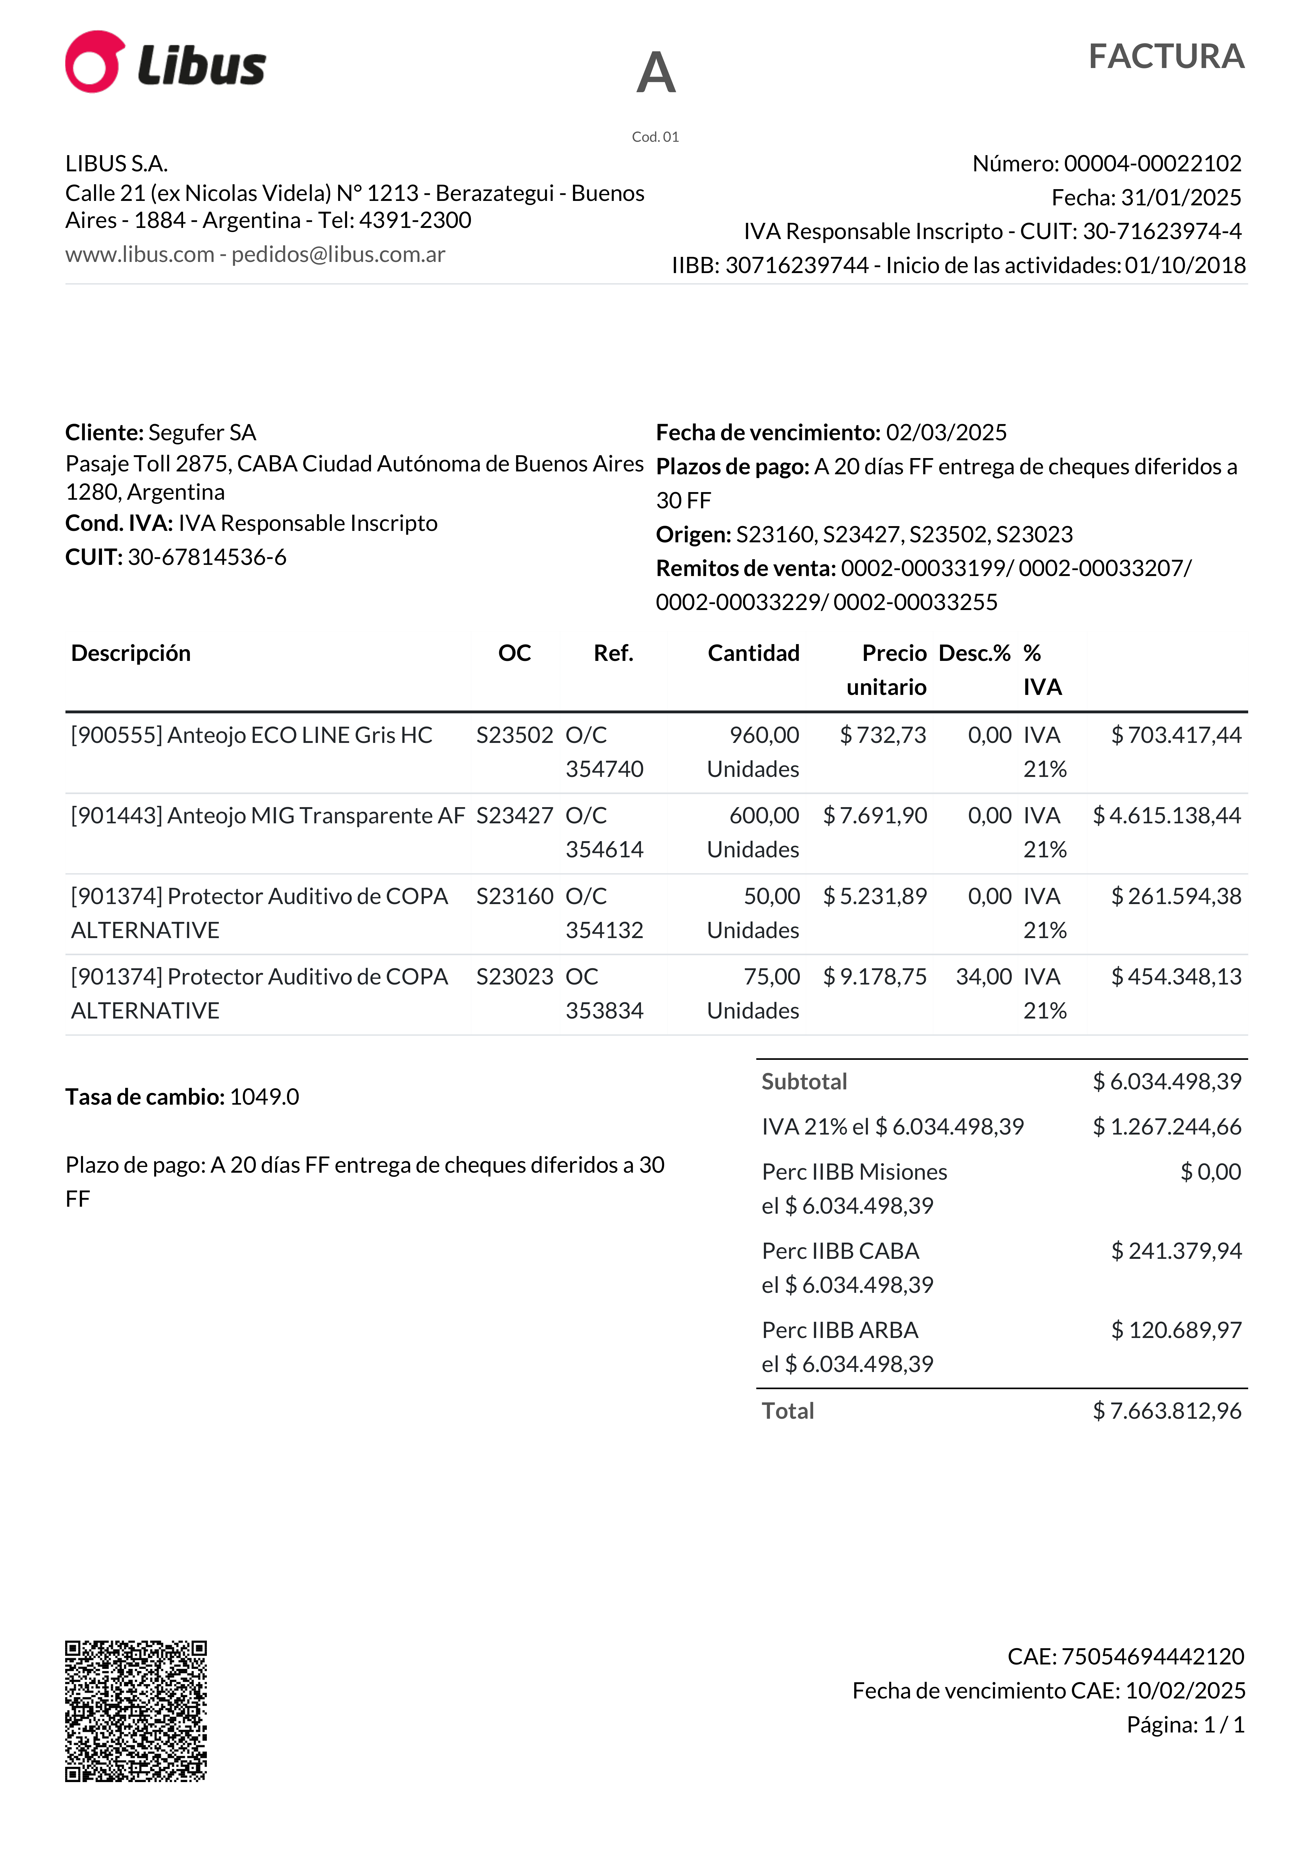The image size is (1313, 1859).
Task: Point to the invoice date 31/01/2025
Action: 1181,197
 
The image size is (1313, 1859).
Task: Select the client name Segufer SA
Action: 202,432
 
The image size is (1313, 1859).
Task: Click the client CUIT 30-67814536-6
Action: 207,557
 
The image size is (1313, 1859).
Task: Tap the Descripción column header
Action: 131,653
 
